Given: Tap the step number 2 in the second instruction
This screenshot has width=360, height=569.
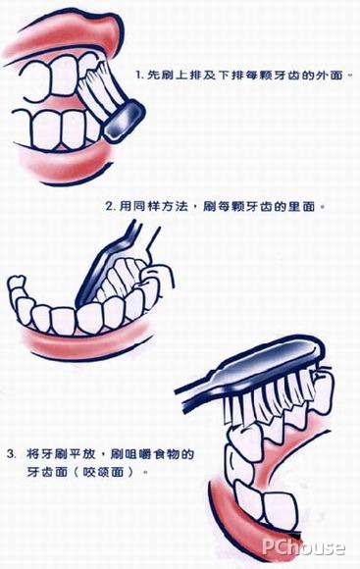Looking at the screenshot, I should point(107,208).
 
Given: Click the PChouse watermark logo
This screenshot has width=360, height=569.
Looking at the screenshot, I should point(305,547).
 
